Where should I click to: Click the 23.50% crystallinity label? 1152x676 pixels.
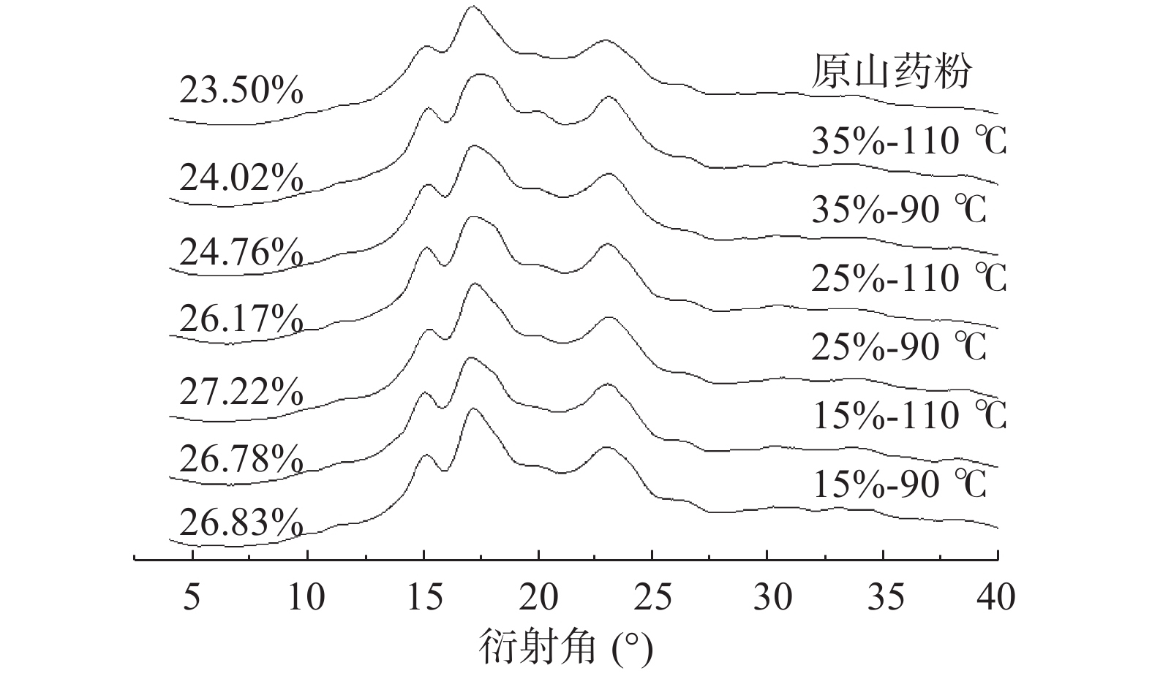coord(241,92)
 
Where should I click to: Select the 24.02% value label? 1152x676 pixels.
coord(241,178)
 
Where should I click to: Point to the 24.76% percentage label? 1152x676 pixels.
coord(241,253)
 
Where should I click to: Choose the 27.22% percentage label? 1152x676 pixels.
coord(241,392)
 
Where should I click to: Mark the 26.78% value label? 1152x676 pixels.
coord(241,460)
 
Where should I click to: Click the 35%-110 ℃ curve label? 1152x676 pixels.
coord(909,141)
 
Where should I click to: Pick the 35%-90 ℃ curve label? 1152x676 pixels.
coord(899,210)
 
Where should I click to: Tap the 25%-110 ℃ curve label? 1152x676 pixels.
coord(909,278)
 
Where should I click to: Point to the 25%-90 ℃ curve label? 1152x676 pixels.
coord(899,346)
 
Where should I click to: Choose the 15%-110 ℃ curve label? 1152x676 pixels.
coord(909,415)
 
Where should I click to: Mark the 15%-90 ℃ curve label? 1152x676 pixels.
coord(899,484)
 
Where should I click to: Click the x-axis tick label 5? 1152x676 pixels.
coord(192,598)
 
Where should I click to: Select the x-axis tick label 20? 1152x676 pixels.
coord(538,598)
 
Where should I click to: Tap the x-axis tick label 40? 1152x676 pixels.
coord(996,598)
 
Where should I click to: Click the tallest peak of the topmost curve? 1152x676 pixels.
coord(472,7)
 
